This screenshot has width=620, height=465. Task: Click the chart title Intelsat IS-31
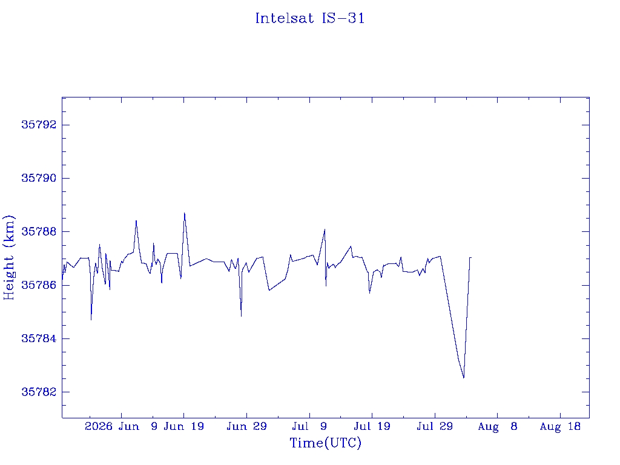coord(309,18)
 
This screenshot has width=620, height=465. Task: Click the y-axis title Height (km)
coord(8,257)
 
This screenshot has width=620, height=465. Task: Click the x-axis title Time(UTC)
coord(325,443)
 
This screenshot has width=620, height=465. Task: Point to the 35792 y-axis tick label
coord(39,125)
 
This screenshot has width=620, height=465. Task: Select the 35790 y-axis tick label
coord(39,178)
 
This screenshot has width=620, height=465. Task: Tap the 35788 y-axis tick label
coord(39,231)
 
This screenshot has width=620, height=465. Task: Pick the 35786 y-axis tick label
coord(39,285)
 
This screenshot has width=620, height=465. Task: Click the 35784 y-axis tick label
coord(39,338)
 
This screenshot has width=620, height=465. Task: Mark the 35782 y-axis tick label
coord(39,392)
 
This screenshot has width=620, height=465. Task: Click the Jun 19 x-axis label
coord(184,426)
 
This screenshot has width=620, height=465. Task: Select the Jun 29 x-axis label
coord(246,426)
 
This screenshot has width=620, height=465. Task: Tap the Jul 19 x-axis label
coord(372,426)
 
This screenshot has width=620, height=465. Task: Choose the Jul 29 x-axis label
coord(435,426)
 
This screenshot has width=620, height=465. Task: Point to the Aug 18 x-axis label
coord(560,426)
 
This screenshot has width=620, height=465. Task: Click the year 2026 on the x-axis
coord(99,426)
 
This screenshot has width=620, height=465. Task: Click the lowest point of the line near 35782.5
coord(463,378)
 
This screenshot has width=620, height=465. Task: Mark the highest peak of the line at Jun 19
coord(184,213)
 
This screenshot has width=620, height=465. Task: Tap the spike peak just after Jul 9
coord(325,229)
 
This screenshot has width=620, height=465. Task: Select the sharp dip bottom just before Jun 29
coord(241,316)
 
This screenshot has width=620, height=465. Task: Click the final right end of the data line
coord(471,258)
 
